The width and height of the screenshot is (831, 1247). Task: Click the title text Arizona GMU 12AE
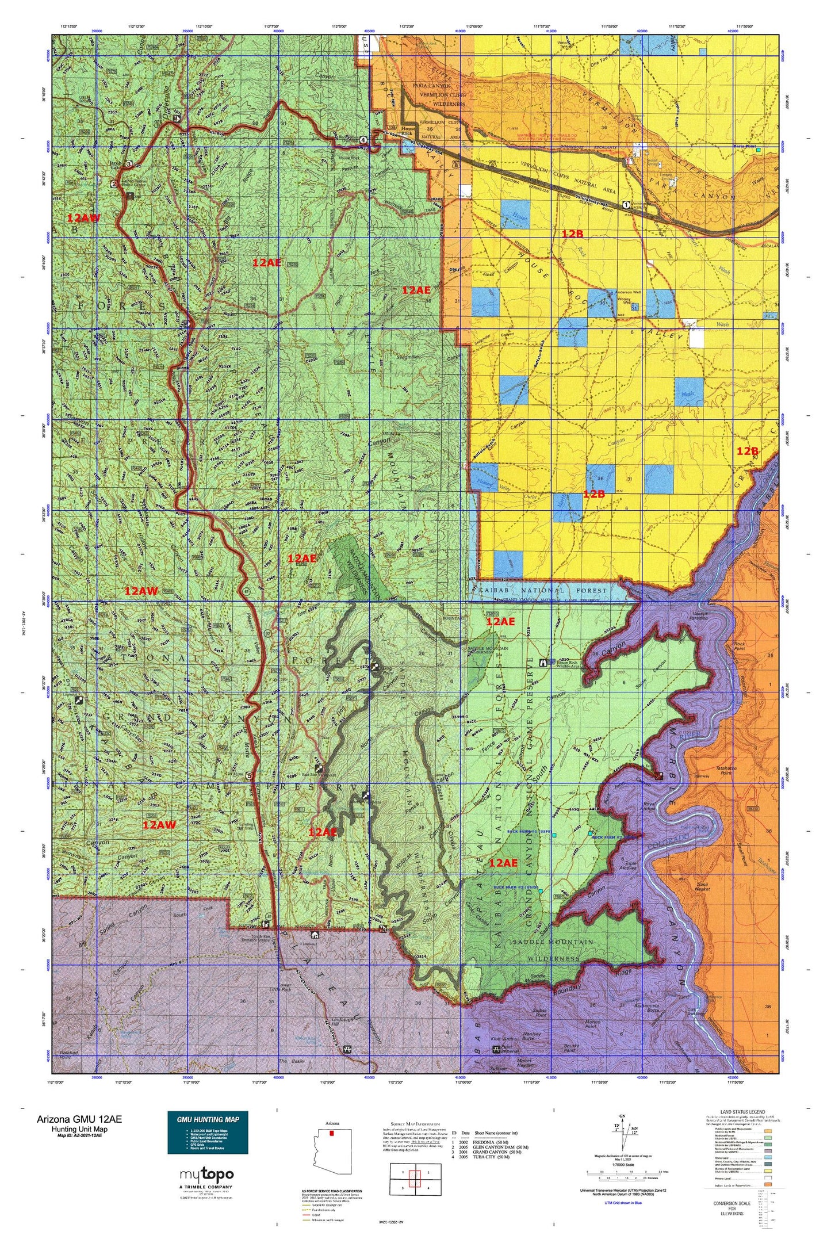[x=79, y=1119]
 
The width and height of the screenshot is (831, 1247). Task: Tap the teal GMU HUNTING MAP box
[x=208, y=1132]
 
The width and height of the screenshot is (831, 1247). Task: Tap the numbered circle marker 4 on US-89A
[x=363, y=140]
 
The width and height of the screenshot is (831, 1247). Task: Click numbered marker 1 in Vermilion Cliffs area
[x=626, y=204]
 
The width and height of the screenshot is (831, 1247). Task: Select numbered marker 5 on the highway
[x=248, y=776]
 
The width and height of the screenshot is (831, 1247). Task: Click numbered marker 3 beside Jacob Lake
[x=129, y=165]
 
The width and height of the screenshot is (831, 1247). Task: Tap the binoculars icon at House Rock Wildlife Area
[x=543, y=663]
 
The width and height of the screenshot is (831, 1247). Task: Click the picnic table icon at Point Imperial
[x=496, y=1050]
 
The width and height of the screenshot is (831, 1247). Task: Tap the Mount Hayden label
[x=524, y=1064]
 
